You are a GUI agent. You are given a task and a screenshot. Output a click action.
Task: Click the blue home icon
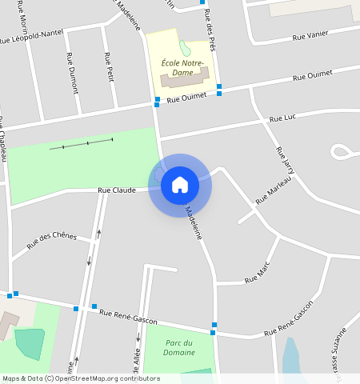point(180,185)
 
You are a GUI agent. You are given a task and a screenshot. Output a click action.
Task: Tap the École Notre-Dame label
point(182,67)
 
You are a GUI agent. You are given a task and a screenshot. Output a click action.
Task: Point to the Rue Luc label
point(282,118)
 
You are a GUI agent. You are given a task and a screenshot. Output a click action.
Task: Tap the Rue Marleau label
point(274,190)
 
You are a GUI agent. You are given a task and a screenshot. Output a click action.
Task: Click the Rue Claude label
point(117,190)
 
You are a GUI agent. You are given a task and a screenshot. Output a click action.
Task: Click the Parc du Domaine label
point(179,347)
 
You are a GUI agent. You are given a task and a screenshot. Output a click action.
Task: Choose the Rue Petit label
point(109,67)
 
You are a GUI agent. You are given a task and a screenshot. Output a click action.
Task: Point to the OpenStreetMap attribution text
point(81,378)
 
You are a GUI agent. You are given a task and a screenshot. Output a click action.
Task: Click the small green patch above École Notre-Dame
point(186,47)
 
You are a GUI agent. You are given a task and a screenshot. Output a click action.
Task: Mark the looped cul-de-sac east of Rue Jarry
point(342,150)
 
